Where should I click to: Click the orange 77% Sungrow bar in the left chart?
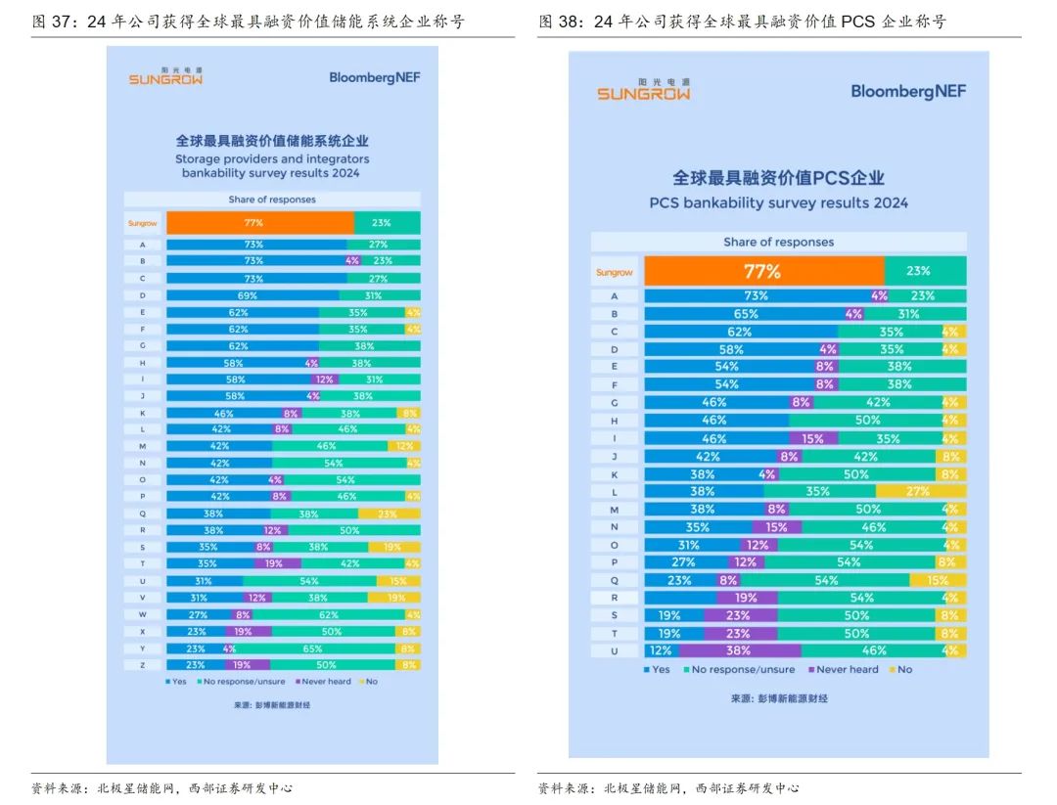click(x=259, y=223)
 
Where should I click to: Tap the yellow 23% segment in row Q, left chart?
click(x=389, y=513)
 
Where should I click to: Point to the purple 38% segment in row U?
click(x=739, y=650)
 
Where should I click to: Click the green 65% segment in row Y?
click(x=313, y=648)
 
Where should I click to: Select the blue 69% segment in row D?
click(x=253, y=295)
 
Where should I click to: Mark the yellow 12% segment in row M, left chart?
click(x=403, y=445)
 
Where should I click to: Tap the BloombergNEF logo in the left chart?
click(x=374, y=77)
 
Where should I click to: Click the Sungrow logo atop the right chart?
click(x=643, y=90)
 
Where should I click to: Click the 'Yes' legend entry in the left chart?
click(x=176, y=681)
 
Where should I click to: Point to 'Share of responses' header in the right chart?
click(x=778, y=242)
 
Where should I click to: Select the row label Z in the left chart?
click(x=143, y=665)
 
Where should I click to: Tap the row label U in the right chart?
click(x=615, y=650)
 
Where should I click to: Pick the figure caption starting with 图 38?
click(x=742, y=22)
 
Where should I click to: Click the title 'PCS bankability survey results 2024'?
click(x=778, y=203)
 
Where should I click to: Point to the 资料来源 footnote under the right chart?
click(x=667, y=787)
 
